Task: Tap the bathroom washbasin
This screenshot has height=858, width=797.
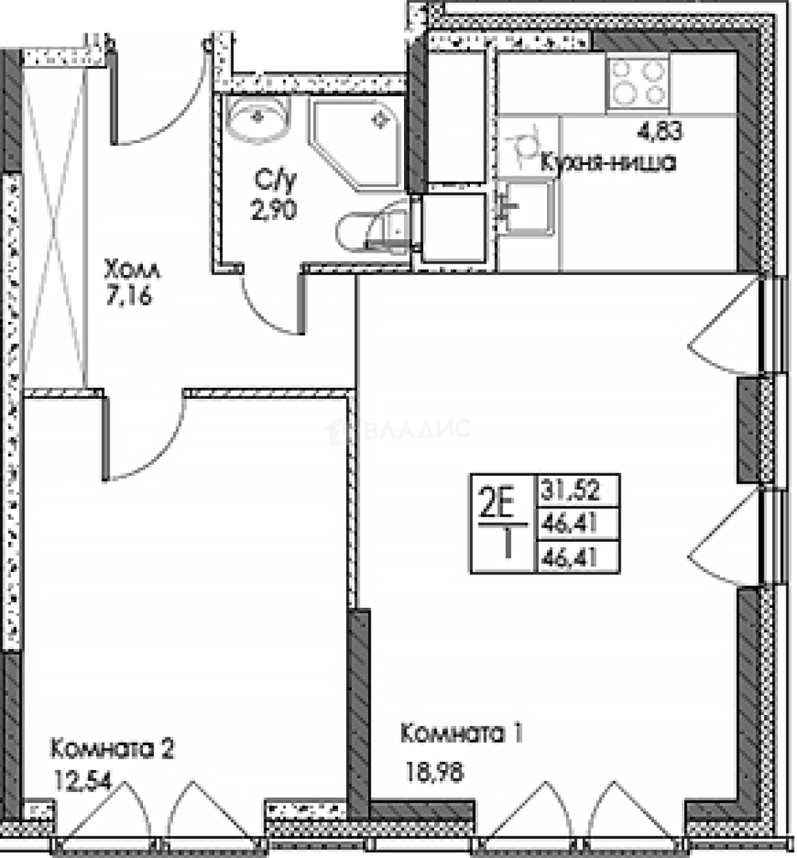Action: [x=258, y=119]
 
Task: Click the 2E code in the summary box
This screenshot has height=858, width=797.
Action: [x=498, y=504]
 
